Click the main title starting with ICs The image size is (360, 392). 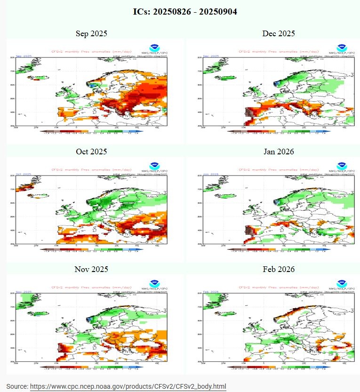180,11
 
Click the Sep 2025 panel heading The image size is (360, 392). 91,33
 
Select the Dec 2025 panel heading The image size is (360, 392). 279,33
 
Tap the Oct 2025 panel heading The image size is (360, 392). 91,152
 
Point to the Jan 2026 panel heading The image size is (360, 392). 279,152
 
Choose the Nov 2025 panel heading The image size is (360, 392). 91,269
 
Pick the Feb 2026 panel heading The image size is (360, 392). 279,269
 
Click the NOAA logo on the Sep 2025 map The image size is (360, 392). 155,48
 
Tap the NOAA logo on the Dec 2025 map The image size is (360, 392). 342,48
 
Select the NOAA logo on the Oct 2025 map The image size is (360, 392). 155,166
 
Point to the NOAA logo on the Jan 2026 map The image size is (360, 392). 342,166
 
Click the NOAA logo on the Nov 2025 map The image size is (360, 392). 155,283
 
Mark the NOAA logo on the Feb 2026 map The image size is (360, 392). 342,283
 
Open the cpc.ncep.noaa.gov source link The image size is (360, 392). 128,386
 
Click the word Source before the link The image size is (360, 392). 17,386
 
